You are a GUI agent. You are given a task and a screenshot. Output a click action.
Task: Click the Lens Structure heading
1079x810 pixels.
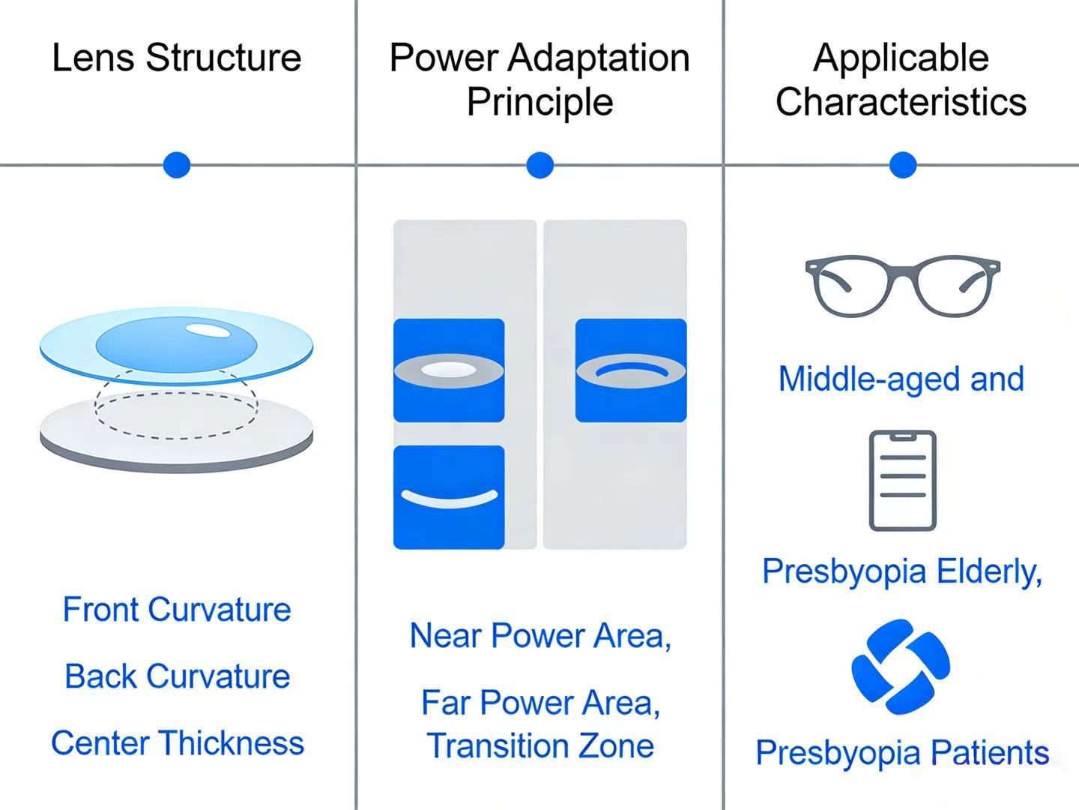[177, 58]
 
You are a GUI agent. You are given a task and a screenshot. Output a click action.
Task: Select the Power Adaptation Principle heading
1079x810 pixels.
[539, 79]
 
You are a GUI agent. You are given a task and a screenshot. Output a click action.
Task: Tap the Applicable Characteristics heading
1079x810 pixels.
[901, 79]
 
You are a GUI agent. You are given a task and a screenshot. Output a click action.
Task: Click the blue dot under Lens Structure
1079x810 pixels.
[177, 165]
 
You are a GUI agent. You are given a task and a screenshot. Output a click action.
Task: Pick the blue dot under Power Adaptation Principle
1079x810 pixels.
[539, 165]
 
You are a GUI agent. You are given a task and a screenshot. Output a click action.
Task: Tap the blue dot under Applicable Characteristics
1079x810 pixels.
[903, 165]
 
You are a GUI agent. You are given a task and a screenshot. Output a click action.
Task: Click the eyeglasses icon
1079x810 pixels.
[902, 286]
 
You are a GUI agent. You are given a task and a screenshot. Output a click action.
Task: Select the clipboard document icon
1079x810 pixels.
[902, 481]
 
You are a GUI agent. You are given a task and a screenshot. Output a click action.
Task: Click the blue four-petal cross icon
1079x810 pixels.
[901, 667]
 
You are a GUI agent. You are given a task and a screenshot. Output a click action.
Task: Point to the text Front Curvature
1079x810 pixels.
[177, 610]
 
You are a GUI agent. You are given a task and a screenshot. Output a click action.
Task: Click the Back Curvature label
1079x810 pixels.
[177, 676]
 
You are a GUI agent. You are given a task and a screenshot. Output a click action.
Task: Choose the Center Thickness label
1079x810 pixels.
[178, 743]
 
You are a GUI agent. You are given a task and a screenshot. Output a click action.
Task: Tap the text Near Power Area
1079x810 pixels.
[539, 636]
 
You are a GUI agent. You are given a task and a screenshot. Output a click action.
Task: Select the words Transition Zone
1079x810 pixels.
[540, 746]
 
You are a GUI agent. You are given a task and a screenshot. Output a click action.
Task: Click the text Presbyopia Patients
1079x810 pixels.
[902, 753]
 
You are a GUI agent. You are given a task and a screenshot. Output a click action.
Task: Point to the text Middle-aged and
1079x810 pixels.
[901, 379]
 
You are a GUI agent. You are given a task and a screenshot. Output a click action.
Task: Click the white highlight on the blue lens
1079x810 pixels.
[208, 330]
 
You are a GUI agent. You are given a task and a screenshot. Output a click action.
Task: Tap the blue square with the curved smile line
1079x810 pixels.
[449, 497]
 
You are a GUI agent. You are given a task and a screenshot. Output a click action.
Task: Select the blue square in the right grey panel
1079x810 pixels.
[631, 370]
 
